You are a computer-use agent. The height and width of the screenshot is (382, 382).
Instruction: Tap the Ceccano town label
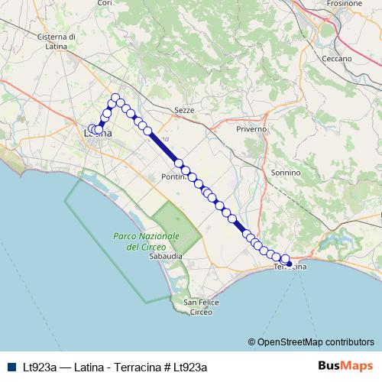pyautogui.click(x=336, y=58)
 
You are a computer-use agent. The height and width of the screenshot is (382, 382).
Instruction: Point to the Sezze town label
pyautogui.click(x=185, y=110)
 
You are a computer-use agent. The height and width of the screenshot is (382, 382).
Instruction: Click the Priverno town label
pyautogui.click(x=251, y=129)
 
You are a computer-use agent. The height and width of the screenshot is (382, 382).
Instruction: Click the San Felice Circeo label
pyautogui.click(x=201, y=308)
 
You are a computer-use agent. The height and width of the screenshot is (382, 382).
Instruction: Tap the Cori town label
pyautogui.click(x=105, y=4)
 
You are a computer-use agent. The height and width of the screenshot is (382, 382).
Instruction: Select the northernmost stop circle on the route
pyautogui.click(x=115, y=97)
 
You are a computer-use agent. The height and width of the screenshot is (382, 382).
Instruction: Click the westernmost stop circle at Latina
pyautogui.click(x=92, y=129)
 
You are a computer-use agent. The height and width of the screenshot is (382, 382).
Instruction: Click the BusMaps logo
pyautogui.click(x=347, y=366)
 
